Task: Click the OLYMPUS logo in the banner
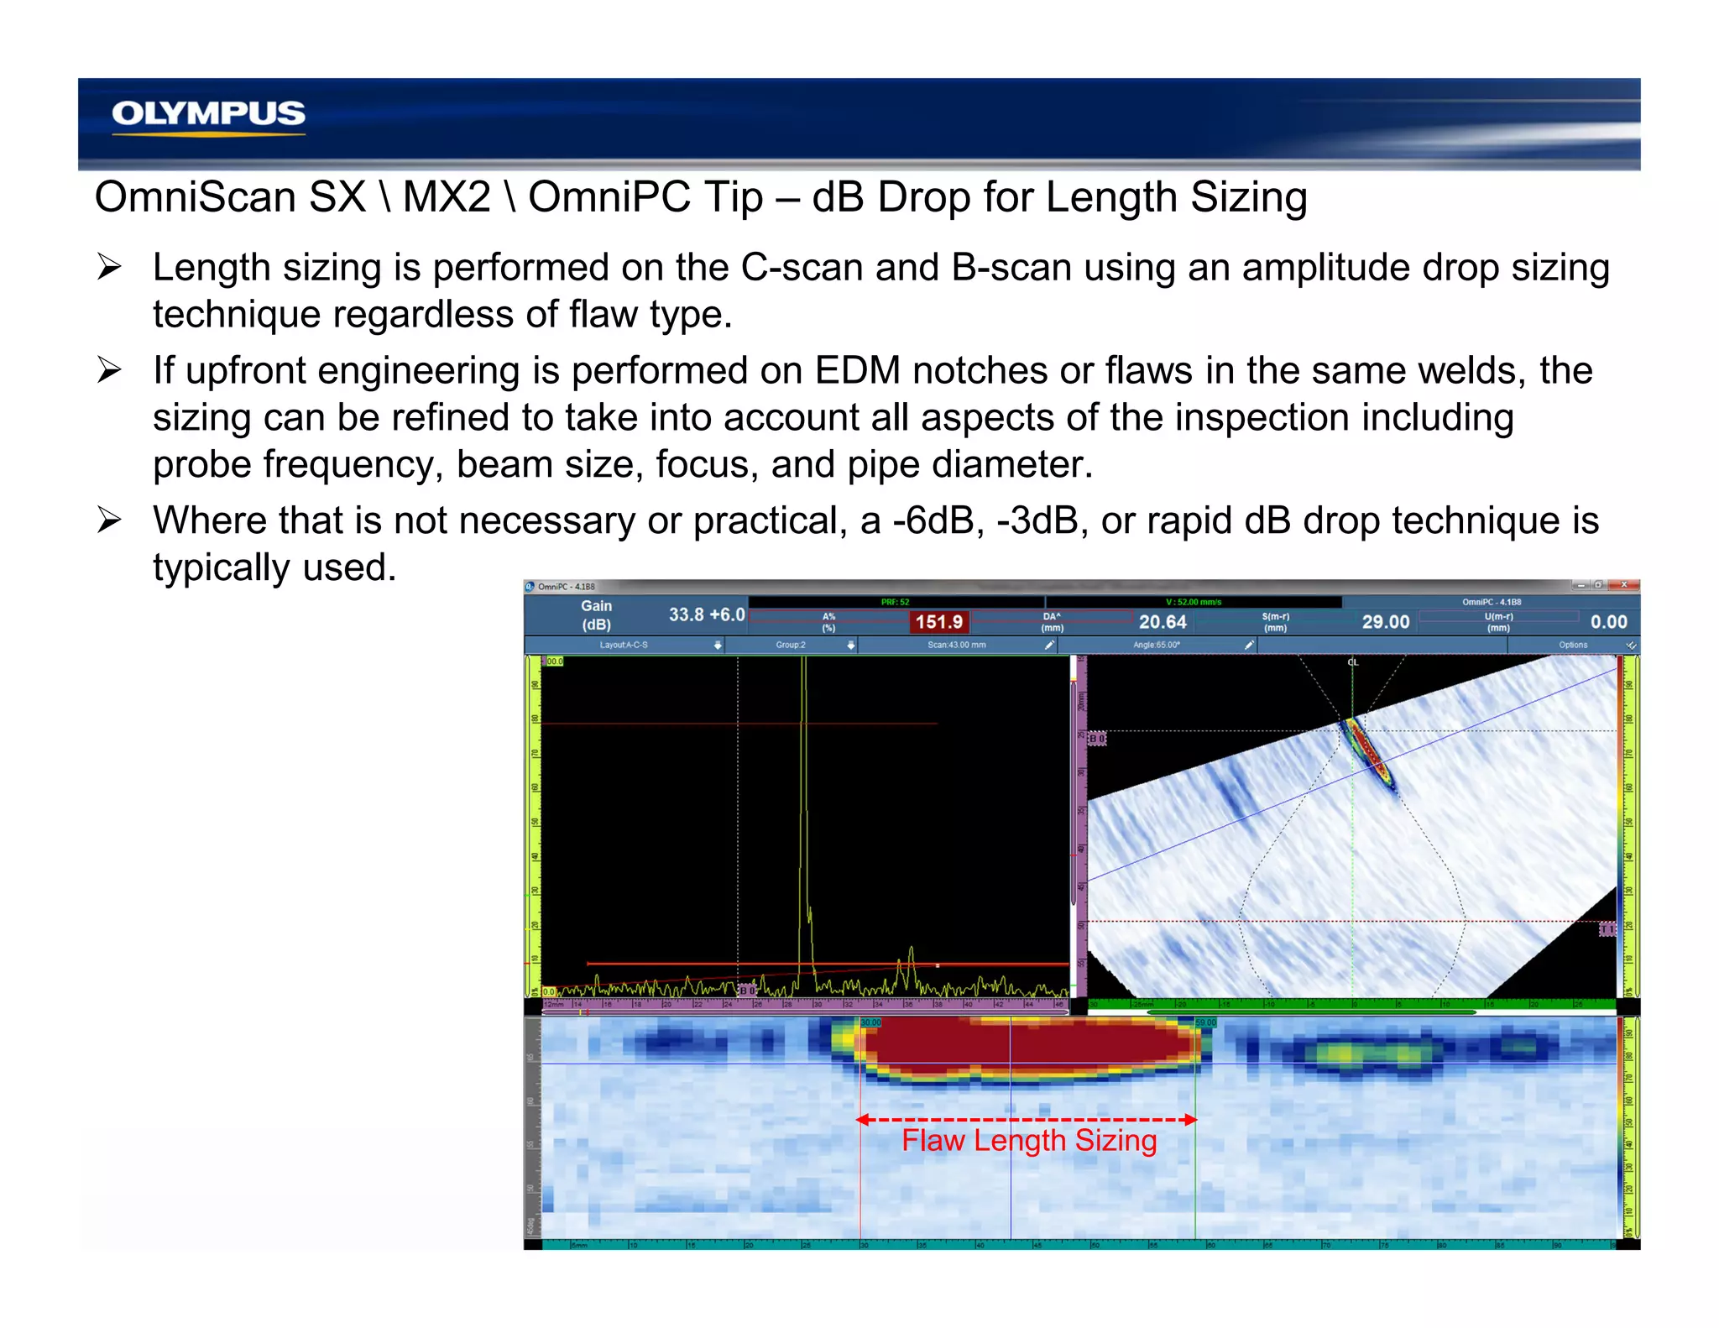tap(208, 113)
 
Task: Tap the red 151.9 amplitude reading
tap(938, 622)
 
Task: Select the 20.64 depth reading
tap(1163, 622)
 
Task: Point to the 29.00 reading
tap(1385, 622)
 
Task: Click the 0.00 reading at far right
tap(1608, 622)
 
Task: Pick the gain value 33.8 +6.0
tap(707, 614)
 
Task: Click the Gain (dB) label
tap(597, 615)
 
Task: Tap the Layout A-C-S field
tap(624, 645)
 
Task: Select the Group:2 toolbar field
tap(791, 645)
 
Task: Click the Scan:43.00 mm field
tap(956, 645)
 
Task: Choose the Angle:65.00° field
tap(1156, 645)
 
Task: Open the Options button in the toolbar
tap(1573, 645)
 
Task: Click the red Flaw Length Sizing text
tap(1029, 1141)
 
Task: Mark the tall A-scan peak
tap(803, 755)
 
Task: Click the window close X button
tap(1623, 585)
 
